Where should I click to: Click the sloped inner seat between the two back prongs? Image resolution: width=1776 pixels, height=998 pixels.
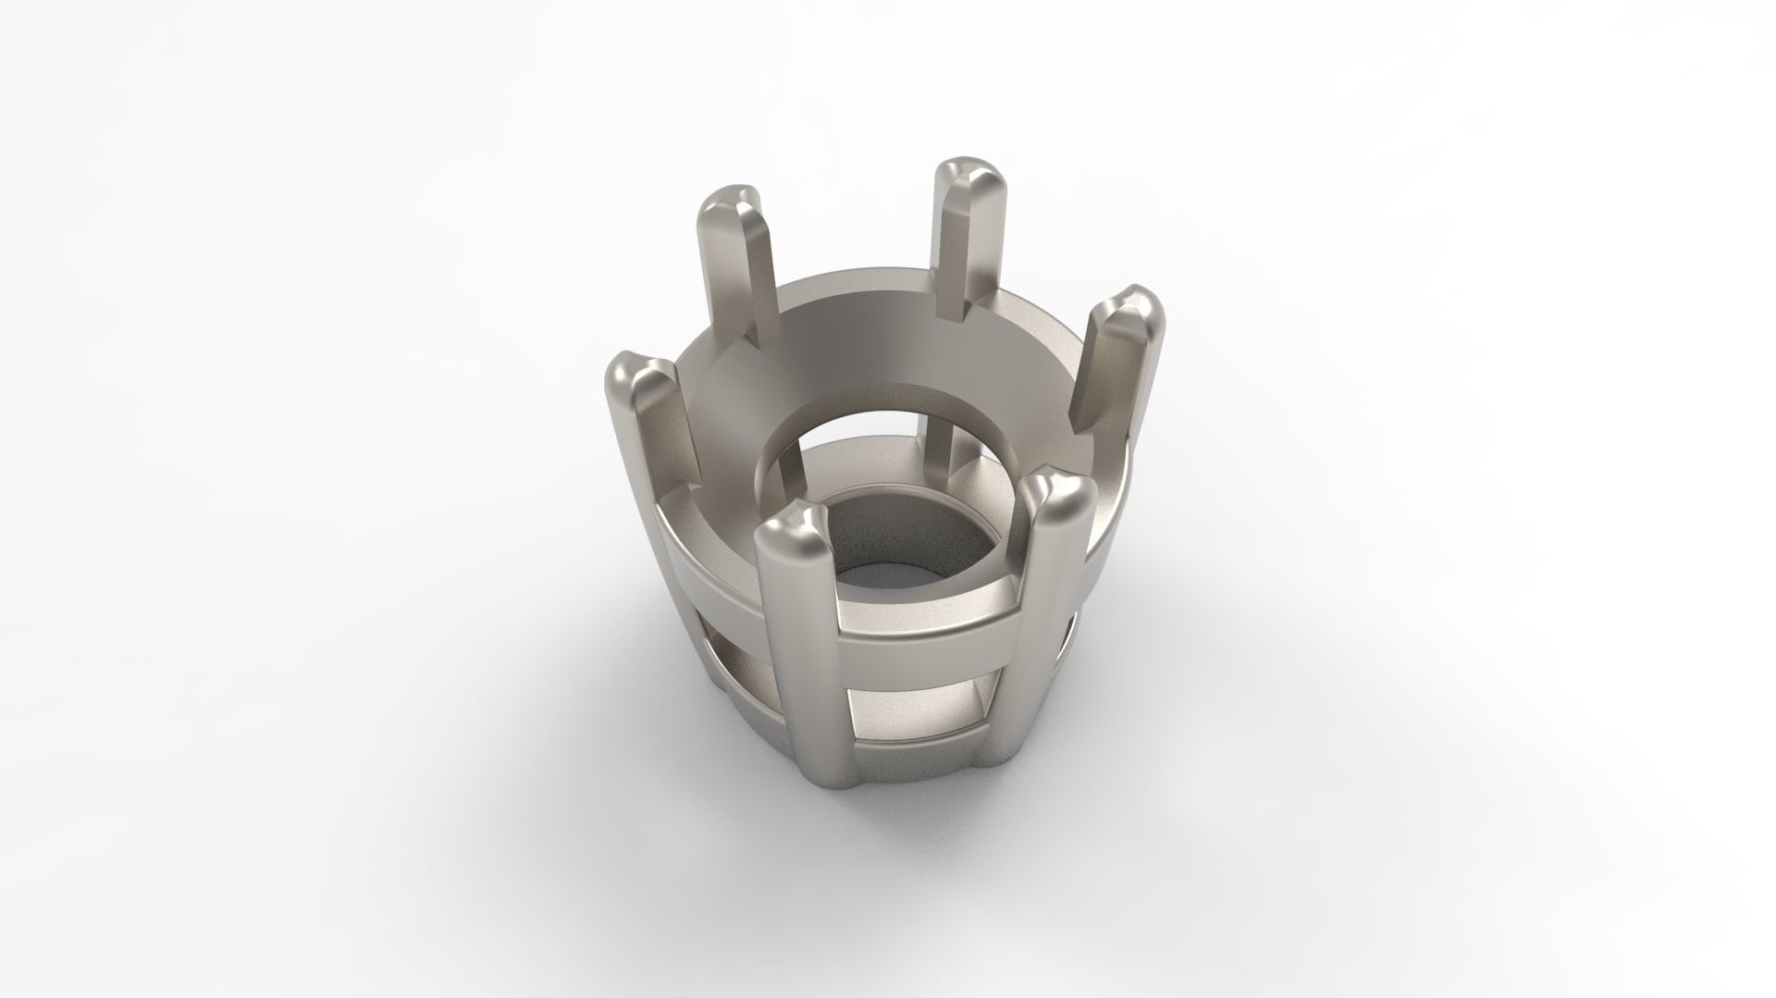click(x=851, y=324)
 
